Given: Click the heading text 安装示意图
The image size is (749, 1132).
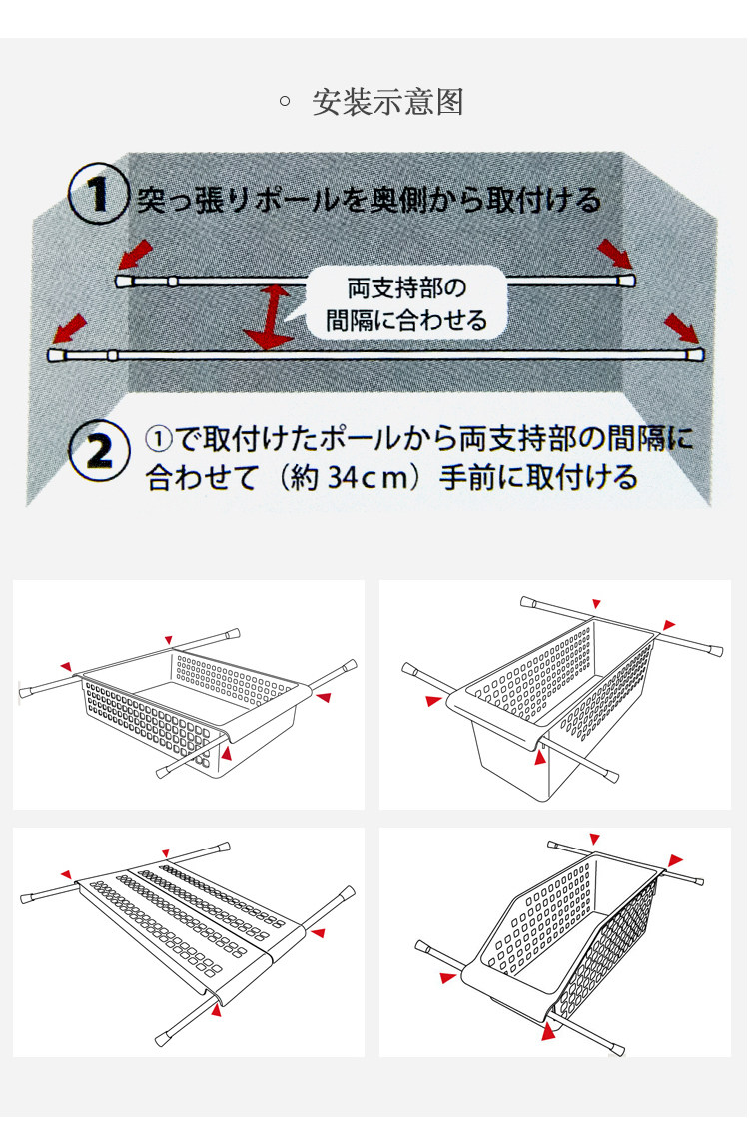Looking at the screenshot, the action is tap(387, 102).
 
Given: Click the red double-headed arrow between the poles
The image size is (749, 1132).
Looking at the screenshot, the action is tap(269, 316).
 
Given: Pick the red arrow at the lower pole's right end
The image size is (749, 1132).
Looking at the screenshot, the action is tap(683, 327).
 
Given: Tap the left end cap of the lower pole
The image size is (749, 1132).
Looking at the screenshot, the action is tap(55, 355).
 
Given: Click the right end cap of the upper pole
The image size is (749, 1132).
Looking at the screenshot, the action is tap(626, 280).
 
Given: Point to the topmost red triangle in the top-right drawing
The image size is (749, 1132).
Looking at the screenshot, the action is tap(596, 603).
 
